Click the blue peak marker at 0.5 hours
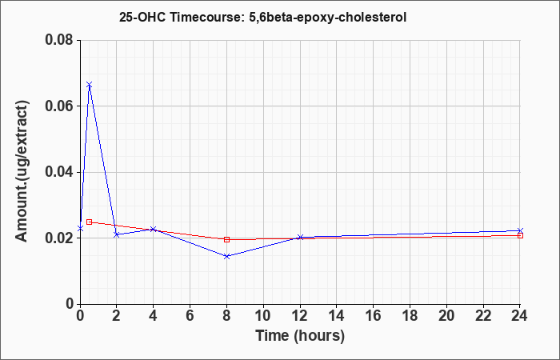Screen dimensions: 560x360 pos(90,85)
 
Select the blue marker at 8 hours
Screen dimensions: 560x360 pos(226,256)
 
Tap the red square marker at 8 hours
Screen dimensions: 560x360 pos(226,239)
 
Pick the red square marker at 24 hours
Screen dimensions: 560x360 pos(520,235)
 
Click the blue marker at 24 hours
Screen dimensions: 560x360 pos(520,230)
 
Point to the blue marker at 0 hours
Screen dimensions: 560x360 pos(80,228)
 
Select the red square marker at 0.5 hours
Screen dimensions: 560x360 pos(90,222)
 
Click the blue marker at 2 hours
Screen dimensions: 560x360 pos(117,234)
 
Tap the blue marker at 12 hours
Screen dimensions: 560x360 pos(300,237)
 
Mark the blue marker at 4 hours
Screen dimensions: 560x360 pos(154,229)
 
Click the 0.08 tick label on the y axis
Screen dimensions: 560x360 pos(59,40)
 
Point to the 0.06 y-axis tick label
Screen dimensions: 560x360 pos(59,106)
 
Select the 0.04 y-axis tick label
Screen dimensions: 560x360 pos(59,172)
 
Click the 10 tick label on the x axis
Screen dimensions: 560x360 pos(263,316)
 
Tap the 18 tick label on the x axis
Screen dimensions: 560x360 pos(410,316)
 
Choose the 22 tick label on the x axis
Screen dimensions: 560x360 pos(483,316)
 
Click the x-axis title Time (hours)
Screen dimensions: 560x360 pos(300,336)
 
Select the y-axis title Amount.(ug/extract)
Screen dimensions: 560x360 pos(22,172)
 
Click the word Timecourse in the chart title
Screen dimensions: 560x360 pos(203,17)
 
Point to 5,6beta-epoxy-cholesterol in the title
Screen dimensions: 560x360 pos(325,18)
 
